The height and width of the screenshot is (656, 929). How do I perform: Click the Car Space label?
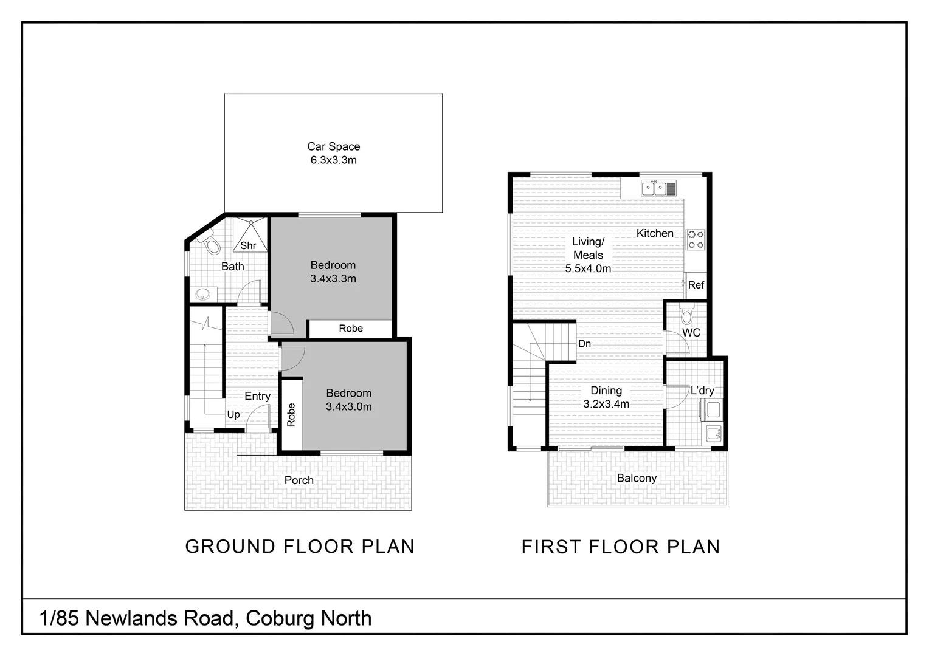pos(333,146)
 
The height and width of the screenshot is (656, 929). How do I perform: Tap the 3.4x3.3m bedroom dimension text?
pos(333,279)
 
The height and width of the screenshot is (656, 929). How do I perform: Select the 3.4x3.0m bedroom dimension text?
pos(348,407)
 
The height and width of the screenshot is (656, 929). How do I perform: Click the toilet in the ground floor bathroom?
pos(210,244)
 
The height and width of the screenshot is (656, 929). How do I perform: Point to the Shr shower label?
pos(248,245)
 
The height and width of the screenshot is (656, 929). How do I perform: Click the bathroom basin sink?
pos(203,295)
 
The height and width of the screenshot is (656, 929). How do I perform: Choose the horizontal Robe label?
pos(351,329)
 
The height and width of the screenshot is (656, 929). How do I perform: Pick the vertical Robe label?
pos(291,415)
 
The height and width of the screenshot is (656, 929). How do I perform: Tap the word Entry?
pos(257,396)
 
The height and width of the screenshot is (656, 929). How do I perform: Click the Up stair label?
pos(233,414)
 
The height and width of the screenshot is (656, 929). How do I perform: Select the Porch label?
pos(299,480)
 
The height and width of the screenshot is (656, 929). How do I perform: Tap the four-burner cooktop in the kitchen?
pos(696,239)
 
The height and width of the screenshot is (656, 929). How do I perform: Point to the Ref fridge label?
pos(696,285)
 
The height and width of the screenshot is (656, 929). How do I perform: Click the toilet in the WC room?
pos(687,316)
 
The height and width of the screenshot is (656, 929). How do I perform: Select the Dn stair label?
pos(584,344)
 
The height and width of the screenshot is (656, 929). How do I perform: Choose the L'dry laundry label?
pos(702,391)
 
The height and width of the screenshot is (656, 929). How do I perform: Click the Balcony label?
pos(637,478)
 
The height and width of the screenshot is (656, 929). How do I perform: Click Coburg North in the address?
pos(309,618)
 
